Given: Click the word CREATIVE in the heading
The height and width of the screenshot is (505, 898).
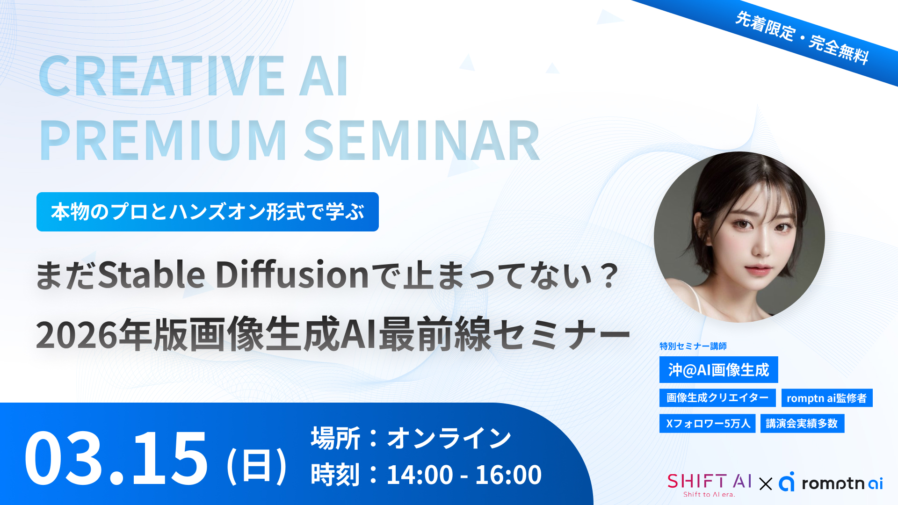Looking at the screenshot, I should [x=162, y=76].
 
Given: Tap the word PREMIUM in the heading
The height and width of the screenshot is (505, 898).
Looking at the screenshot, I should [x=163, y=141].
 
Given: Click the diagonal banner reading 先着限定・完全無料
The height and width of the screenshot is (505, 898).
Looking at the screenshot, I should [x=802, y=38].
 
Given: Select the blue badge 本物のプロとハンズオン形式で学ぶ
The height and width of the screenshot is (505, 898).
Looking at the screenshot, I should [x=208, y=212].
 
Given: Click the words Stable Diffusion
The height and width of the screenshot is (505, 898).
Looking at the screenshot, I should [x=234, y=275].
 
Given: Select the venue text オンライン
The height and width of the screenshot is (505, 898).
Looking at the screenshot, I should [x=449, y=438].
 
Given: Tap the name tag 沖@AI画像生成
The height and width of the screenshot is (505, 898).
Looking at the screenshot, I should [x=718, y=370].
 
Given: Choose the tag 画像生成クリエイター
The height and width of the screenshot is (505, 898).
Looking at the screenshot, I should [x=717, y=398].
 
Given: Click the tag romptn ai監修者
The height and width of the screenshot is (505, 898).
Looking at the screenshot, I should [x=826, y=398].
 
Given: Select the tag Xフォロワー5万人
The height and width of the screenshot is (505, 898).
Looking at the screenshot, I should [x=707, y=424].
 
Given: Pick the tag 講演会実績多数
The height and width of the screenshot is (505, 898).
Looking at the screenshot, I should [x=802, y=424].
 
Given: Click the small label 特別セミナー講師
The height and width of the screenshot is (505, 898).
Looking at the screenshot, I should [x=693, y=346].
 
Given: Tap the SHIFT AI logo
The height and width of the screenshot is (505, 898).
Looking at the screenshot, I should [x=709, y=483].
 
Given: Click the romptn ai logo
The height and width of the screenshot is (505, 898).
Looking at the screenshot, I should [x=831, y=483].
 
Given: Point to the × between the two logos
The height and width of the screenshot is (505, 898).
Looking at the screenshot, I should [x=766, y=483].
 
